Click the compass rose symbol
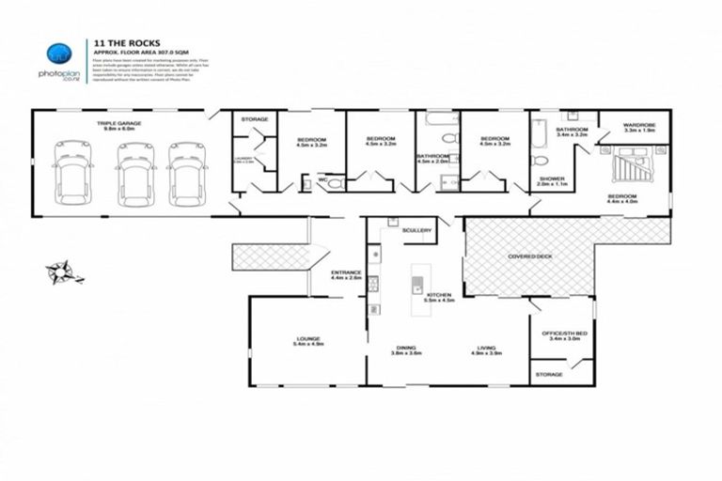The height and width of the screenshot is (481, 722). point(63,273)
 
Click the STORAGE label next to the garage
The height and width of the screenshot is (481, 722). point(255,119)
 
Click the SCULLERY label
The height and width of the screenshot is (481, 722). point(416,229)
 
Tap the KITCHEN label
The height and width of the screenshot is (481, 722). point(440,295)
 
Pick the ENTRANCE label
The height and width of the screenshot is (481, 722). point(346,272)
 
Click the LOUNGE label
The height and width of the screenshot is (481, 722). point(307,338)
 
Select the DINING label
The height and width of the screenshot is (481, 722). point(406,348)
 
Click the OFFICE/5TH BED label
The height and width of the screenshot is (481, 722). point(560,333)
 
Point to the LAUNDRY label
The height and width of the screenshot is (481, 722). point(243,158)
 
